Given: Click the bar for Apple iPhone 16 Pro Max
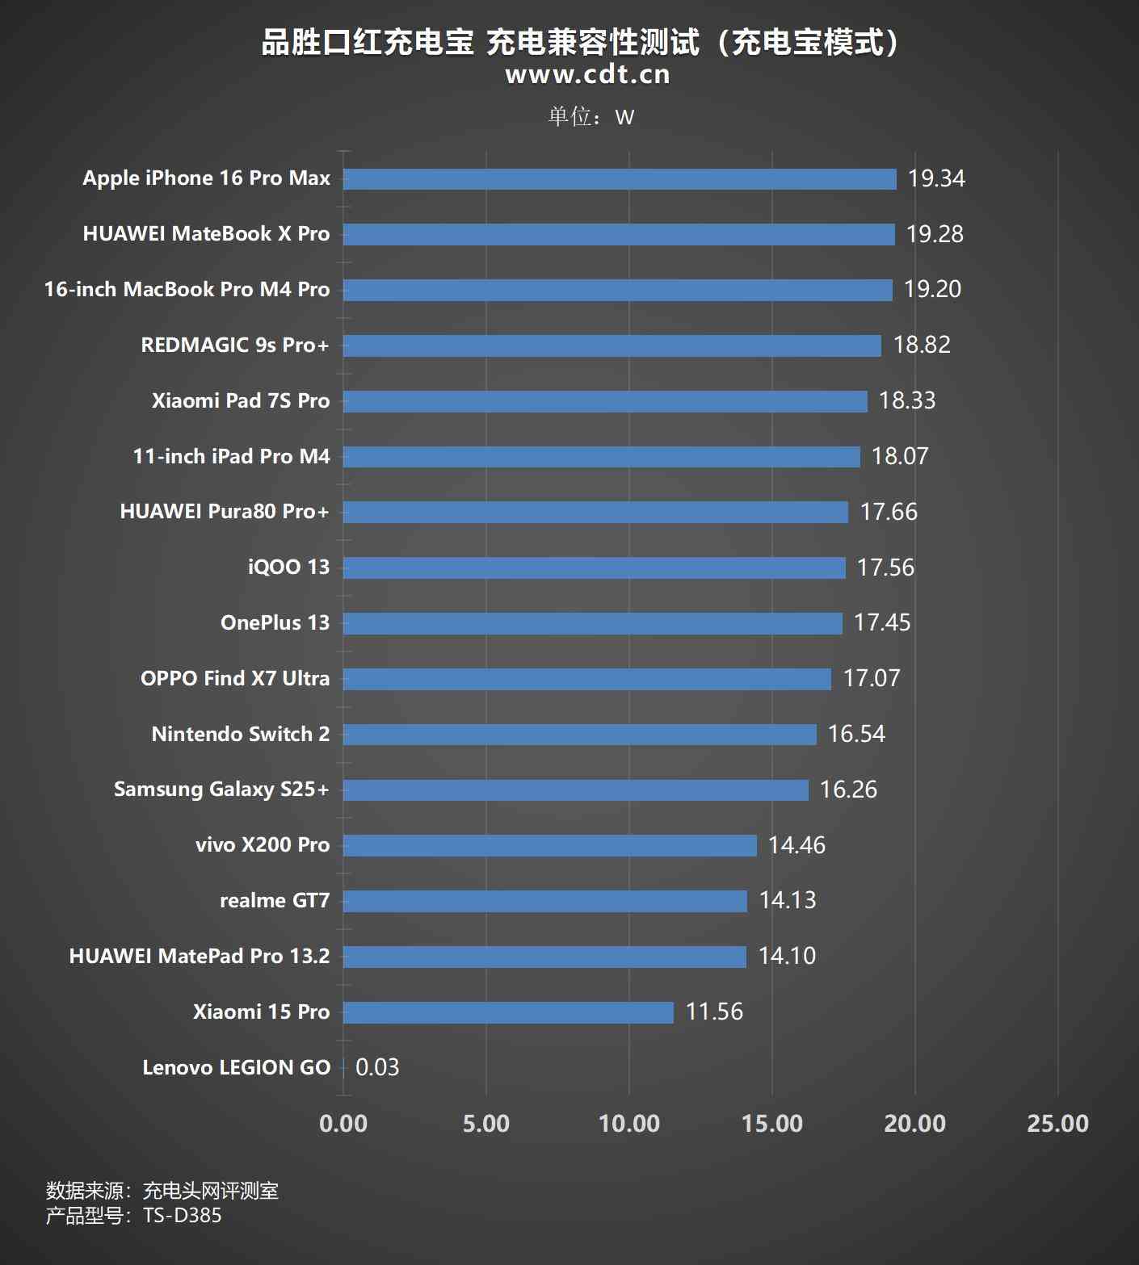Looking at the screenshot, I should pos(620,179).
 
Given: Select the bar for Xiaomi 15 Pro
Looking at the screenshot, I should pos(508,1012).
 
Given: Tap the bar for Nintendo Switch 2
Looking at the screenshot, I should pos(579,735).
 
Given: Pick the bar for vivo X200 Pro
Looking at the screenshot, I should pos(549,845).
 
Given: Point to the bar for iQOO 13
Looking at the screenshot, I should pos(594,568).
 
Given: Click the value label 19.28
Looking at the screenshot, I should pos(935,234).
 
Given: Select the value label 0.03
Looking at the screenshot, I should pos(377,1067).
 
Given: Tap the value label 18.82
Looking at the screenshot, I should pos(922,346).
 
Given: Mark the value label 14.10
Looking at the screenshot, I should pos(787,957).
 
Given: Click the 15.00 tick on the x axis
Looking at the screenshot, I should pos(771,1124).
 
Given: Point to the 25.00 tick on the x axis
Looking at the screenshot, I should pos(1057,1124).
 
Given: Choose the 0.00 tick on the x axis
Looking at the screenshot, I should pos(343,1124).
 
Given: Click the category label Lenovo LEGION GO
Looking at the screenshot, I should pos(236,1067).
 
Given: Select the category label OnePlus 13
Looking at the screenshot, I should pos(275,623).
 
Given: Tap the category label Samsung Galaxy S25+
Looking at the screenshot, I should pos(221,790).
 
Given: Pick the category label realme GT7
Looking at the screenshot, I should pos(275,901).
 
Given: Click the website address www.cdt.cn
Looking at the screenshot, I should pos(587,74).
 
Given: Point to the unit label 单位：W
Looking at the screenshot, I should pos(591,117).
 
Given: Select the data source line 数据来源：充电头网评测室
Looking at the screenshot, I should pos(162,1191).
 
